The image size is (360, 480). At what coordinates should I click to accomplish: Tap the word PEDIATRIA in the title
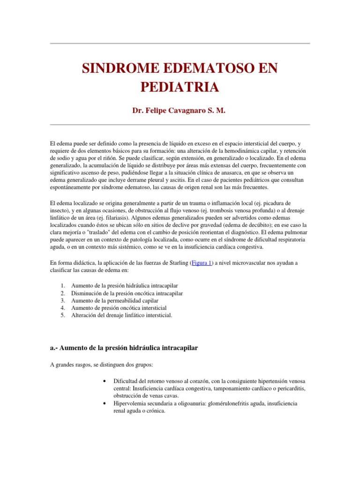(x=180, y=87)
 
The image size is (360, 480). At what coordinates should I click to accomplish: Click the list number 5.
(x=63, y=315)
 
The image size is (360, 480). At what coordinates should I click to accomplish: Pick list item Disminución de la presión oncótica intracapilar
(x=127, y=292)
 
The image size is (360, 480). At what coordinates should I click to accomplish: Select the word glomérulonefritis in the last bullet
(x=221, y=403)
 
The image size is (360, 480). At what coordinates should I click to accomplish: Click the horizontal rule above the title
(x=180, y=44)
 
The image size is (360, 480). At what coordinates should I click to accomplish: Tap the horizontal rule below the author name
(x=180, y=125)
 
